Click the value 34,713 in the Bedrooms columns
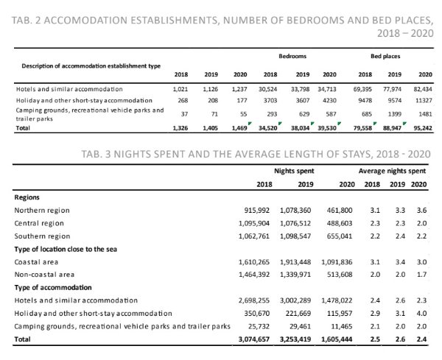pos(325,88)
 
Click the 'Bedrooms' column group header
pos(292,55)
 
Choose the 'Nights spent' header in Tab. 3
pos(290,170)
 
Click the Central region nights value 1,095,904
pos(252,223)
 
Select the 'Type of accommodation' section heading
pos(55,287)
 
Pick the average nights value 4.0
pos(419,313)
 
